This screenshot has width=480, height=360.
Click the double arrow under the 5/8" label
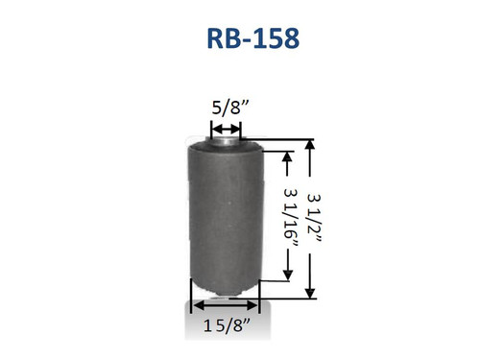pos(227,128)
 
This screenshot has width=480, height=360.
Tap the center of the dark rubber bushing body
pos(226,216)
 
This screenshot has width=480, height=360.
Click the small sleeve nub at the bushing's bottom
pos(225,292)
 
